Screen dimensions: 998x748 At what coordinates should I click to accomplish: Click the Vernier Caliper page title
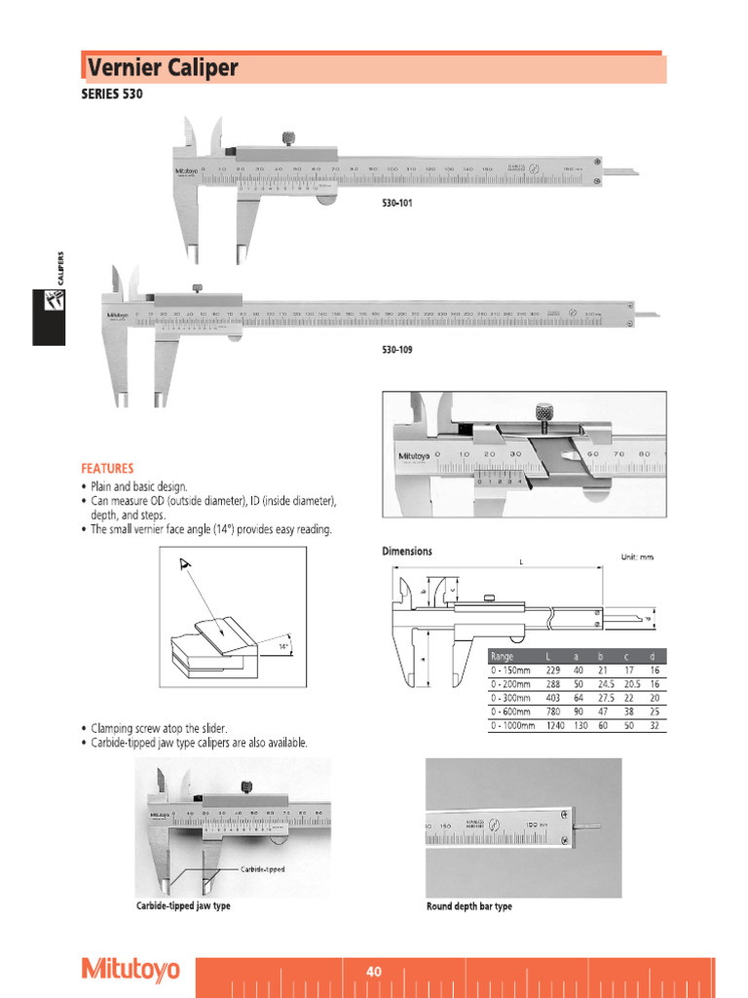click(x=163, y=69)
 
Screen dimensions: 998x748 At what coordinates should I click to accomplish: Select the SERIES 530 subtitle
click(x=112, y=96)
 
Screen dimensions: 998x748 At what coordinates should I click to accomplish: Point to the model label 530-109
click(x=396, y=350)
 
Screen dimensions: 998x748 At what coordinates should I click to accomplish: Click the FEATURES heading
click(x=107, y=468)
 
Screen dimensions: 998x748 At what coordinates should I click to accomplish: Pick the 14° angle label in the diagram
click(x=284, y=646)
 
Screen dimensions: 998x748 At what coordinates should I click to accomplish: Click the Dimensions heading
click(x=406, y=551)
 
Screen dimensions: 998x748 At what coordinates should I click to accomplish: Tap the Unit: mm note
click(x=637, y=557)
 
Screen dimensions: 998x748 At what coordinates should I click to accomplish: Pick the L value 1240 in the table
click(x=555, y=726)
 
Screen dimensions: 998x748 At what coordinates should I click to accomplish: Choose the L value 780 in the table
click(x=553, y=712)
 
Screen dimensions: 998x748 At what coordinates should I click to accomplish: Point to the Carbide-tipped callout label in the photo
click(x=262, y=868)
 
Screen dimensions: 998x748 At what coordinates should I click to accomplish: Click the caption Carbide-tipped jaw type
click(x=183, y=906)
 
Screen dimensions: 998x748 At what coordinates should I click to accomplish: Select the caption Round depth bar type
click(x=468, y=906)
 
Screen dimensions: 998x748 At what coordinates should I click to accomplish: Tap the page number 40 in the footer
click(x=374, y=972)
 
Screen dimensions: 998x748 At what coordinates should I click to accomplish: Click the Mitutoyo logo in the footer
click(x=131, y=970)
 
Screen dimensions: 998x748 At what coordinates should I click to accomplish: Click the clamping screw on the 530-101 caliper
click(x=289, y=138)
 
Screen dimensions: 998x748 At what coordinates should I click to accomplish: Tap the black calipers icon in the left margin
click(x=48, y=316)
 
